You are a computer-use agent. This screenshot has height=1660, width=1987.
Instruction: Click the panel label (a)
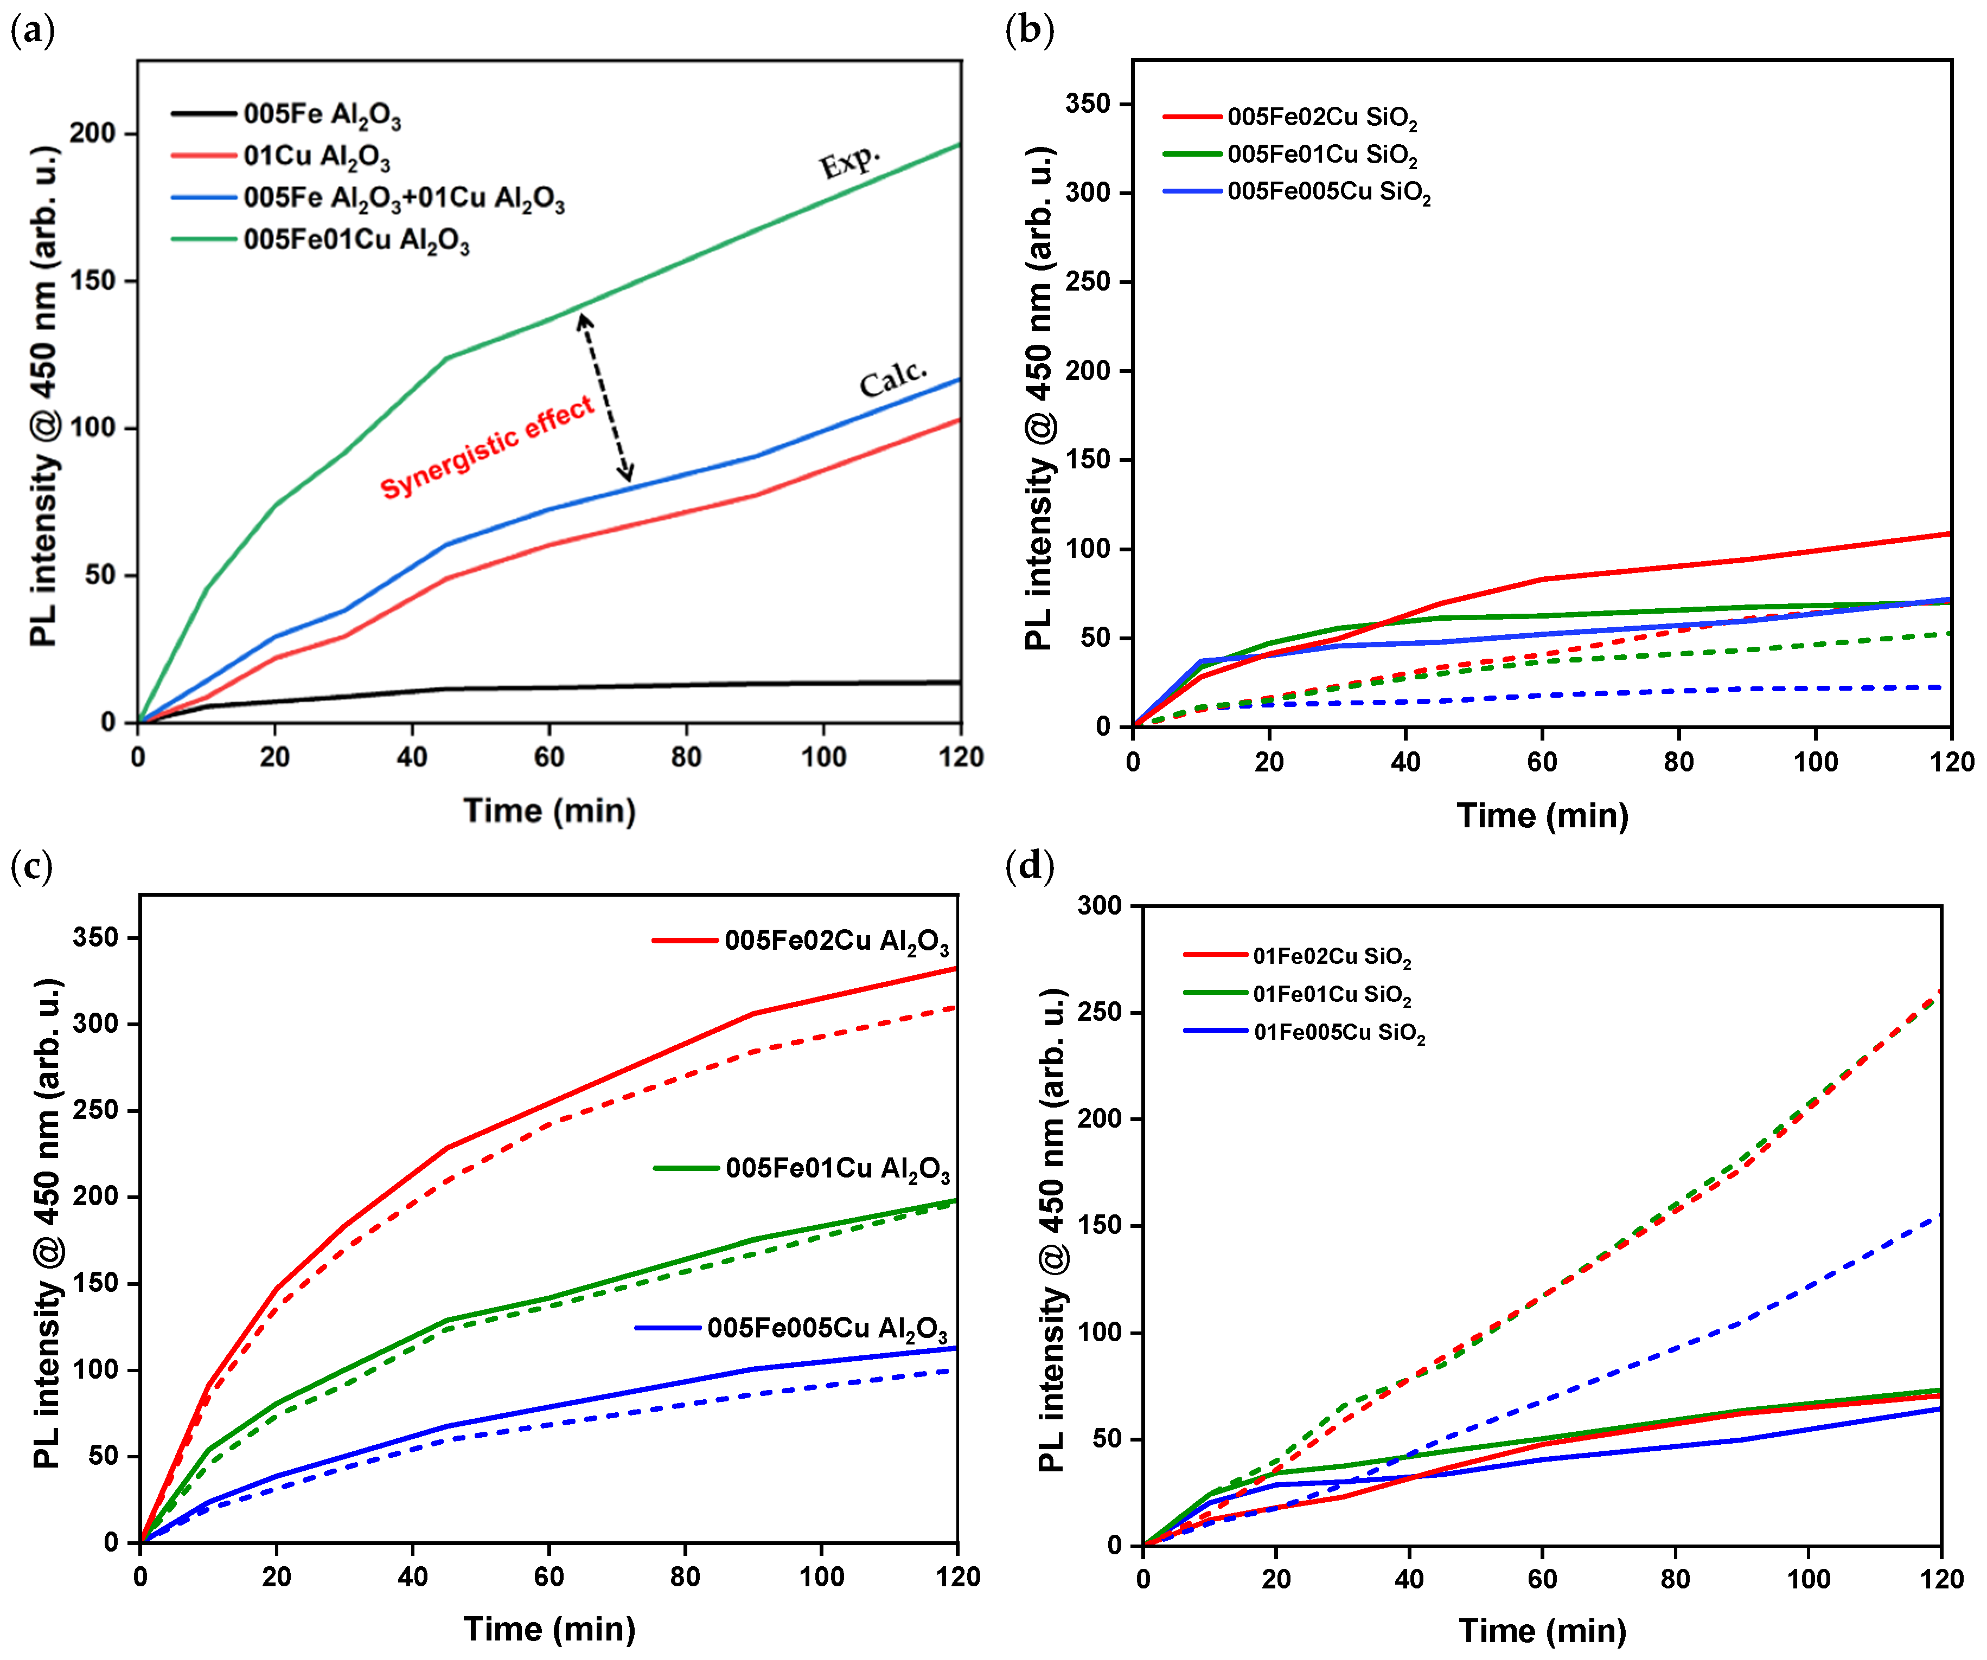pos(32,31)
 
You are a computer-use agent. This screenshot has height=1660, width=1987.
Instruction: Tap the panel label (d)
pos(1030,865)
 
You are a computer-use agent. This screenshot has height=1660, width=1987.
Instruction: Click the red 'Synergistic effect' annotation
pos(487,447)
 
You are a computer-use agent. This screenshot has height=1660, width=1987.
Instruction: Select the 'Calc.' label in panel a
pos(892,378)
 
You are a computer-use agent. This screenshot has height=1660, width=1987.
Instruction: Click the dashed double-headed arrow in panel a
pos(605,397)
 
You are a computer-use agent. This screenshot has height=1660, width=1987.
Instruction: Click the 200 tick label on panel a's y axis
pos(93,133)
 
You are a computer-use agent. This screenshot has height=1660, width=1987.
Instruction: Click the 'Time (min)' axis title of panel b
pos(1542,815)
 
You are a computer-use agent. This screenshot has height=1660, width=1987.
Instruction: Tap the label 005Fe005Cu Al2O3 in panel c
pos(827,1329)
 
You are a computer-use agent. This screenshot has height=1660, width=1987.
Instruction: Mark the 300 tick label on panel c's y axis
pos(95,1024)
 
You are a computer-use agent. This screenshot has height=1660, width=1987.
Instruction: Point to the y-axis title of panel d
pos(1052,1230)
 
